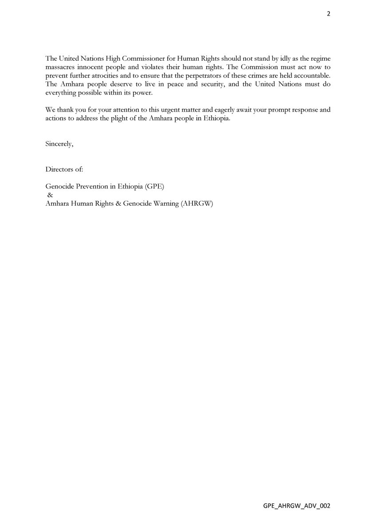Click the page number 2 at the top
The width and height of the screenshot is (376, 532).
click(329, 14)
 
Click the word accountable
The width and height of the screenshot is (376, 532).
click(309, 76)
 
